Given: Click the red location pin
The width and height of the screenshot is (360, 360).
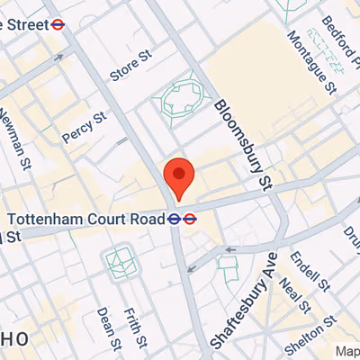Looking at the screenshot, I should pyautogui.click(x=178, y=177).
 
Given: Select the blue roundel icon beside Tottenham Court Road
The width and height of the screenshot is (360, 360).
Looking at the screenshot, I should pyautogui.click(x=175, y=218).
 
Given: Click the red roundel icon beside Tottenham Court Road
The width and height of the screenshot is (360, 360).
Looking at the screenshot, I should pyautogui.click(x=190, y=218).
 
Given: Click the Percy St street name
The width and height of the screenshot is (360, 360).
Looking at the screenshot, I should pyautogui.click(x=84, y=128).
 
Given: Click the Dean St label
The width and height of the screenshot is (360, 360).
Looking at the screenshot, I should pyautogui.click(x=105, y=328).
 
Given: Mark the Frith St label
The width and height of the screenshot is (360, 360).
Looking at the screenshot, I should pyautogui.click(x=136, y=325).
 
